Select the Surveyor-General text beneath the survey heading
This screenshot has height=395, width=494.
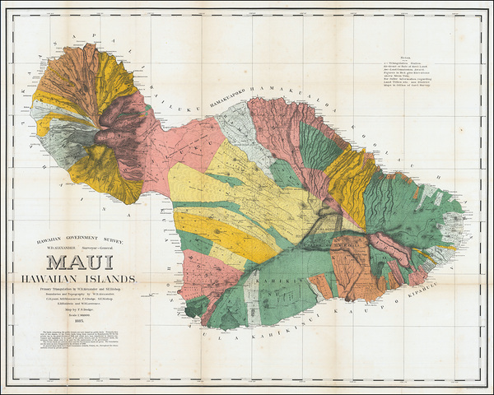(x=118, y=247)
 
